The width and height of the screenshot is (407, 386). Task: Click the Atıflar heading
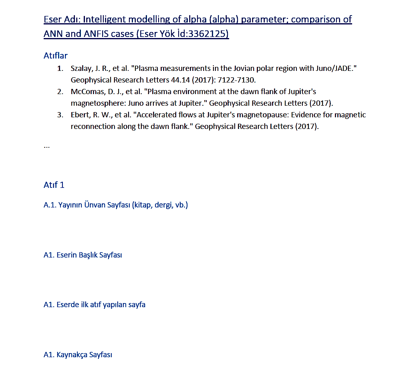[x=55, y=56]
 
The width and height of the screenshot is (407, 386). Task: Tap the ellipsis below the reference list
[x=46, y=146]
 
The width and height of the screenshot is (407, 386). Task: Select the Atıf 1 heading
[x=54, y=185]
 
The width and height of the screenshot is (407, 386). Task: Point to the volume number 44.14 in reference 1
[x=180, y=80]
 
